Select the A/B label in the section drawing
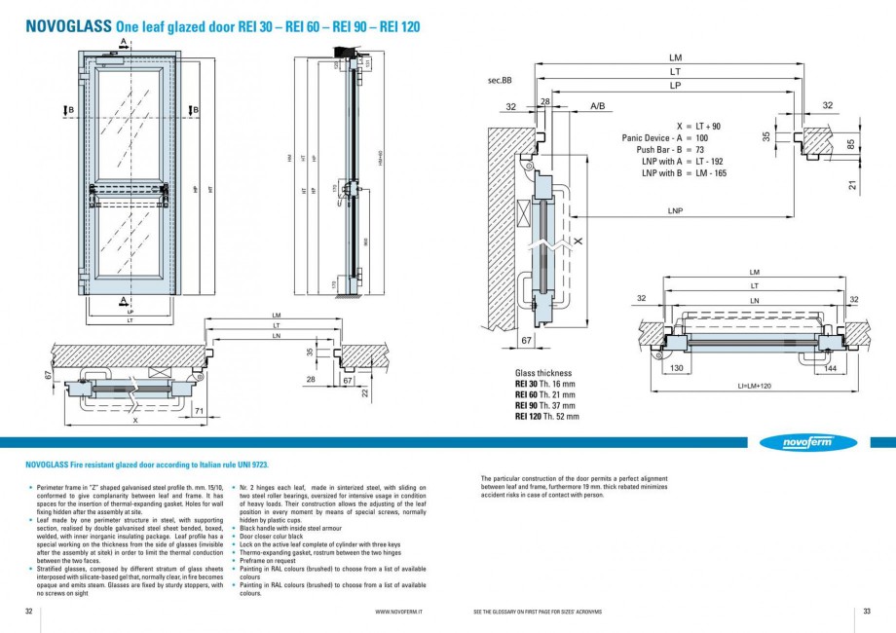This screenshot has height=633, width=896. (x=597, y=105)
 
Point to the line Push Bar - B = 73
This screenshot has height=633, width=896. (x=671, y=150)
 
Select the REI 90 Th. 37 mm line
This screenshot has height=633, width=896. (x=545, y=405)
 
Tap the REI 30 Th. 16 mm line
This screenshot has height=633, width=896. (x=545, y=384)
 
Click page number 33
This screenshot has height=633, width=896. (x=866, y=611)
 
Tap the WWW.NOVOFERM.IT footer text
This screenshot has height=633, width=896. (x=404, y=611)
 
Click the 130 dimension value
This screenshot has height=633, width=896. (x=677, y=369)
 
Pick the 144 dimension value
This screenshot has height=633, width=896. (x=831, y=369)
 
